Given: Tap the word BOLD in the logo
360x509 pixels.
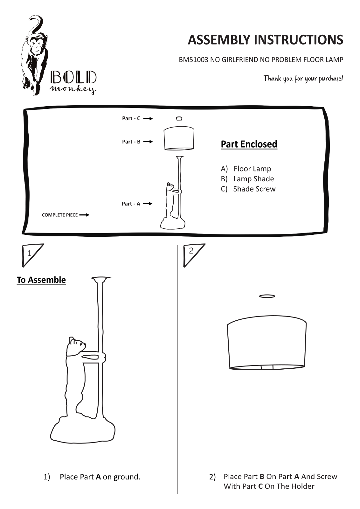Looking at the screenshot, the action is (73, 78).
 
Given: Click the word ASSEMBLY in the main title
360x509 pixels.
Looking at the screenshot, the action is (219, 40).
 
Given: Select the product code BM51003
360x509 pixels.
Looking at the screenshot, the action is (193, 60).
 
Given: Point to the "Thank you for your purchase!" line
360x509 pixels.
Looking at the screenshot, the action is (303, 79).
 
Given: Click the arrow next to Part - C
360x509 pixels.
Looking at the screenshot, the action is (148, 119).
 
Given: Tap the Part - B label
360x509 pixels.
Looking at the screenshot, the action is (131, 142).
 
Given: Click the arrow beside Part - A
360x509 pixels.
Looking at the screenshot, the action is (148, 204).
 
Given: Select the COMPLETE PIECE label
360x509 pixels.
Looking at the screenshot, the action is (60, 215).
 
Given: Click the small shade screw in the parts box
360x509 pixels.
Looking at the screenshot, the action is (179, 118).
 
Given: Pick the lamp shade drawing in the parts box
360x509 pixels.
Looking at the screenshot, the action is (179, 139).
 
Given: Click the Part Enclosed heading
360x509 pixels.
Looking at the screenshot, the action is (249, 144).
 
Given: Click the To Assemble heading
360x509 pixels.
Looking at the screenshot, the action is (41, 280).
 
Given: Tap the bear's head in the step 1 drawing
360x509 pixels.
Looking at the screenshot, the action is (76, 345).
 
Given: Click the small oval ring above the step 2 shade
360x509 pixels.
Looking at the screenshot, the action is (267, 296).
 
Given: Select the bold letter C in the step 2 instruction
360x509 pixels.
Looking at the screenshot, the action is (260, 486).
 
